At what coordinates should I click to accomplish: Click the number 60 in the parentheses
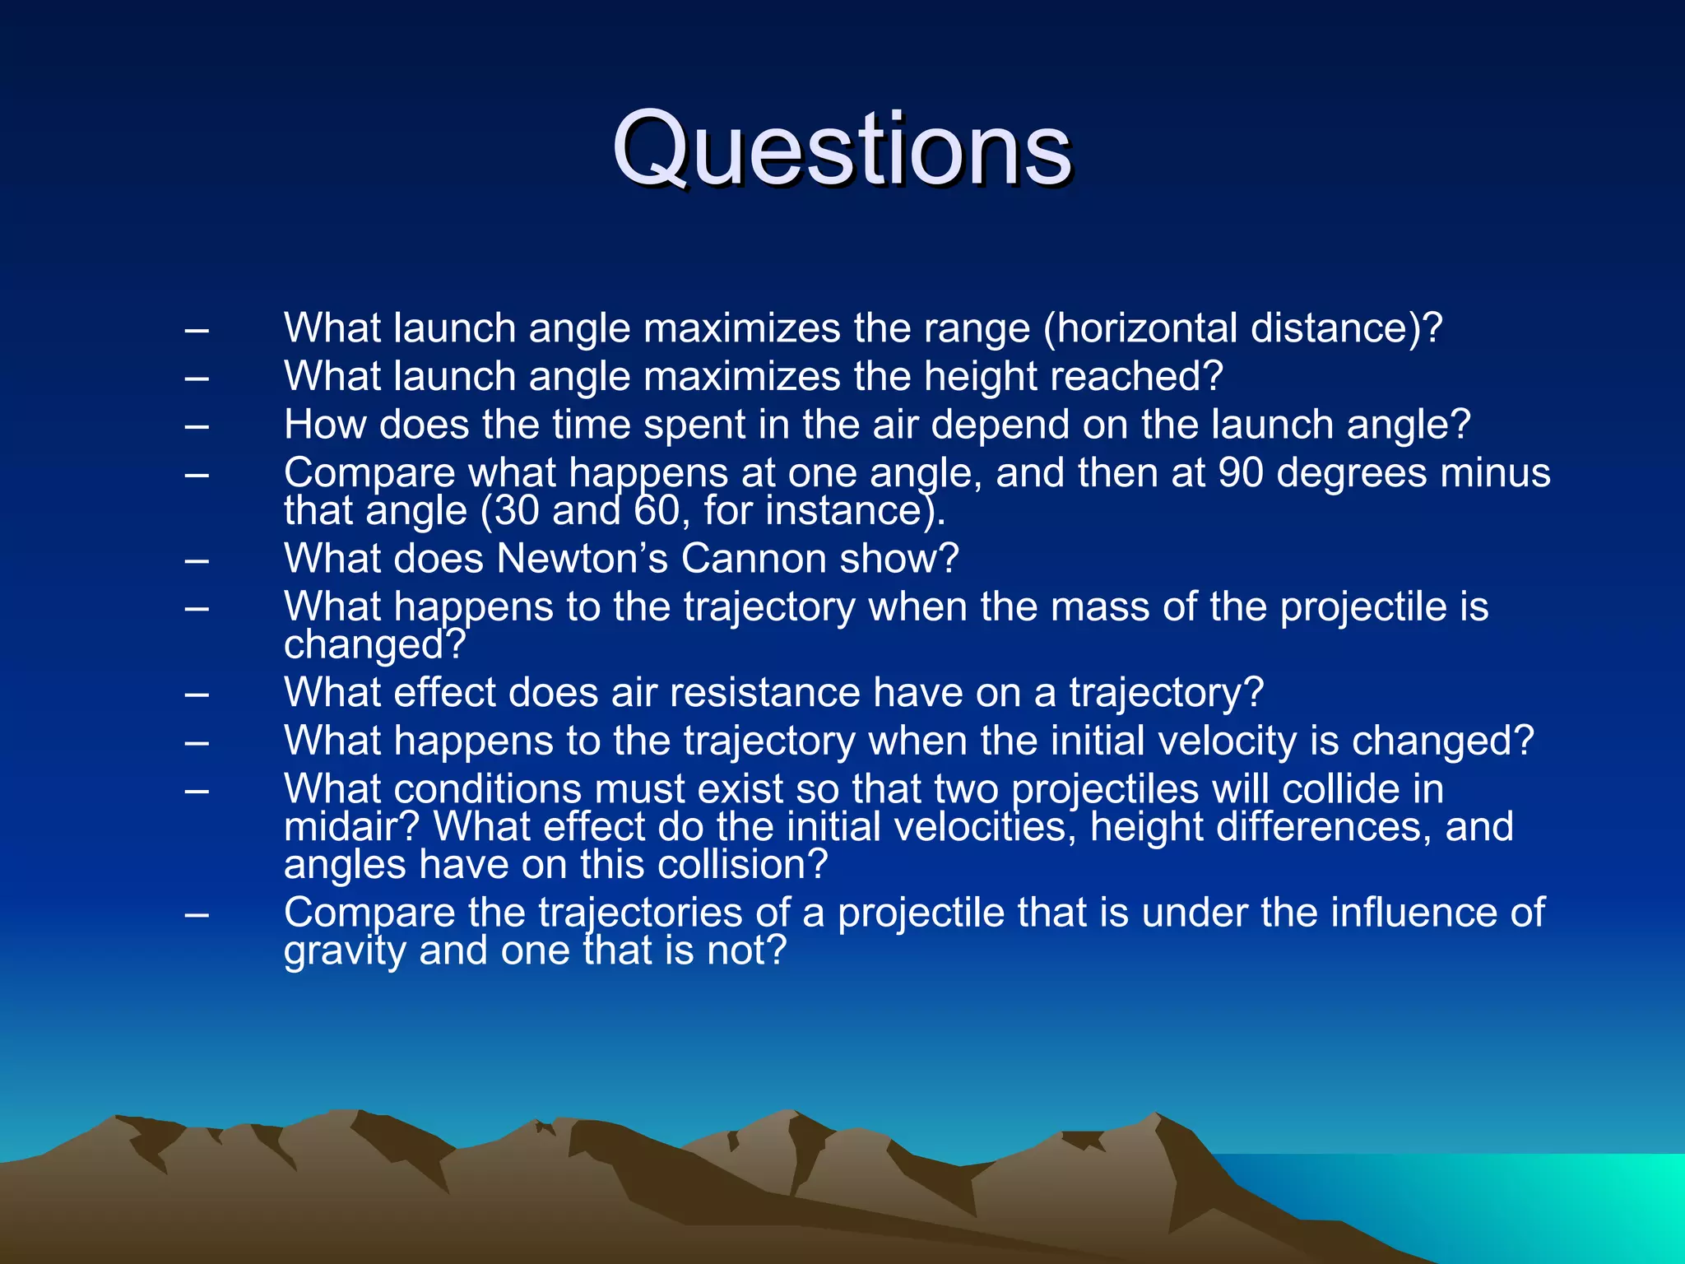[656, 511]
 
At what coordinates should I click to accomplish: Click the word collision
[731, 865]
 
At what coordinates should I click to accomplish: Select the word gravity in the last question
[345, 951]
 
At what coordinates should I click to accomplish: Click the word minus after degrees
[1495, 473]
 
